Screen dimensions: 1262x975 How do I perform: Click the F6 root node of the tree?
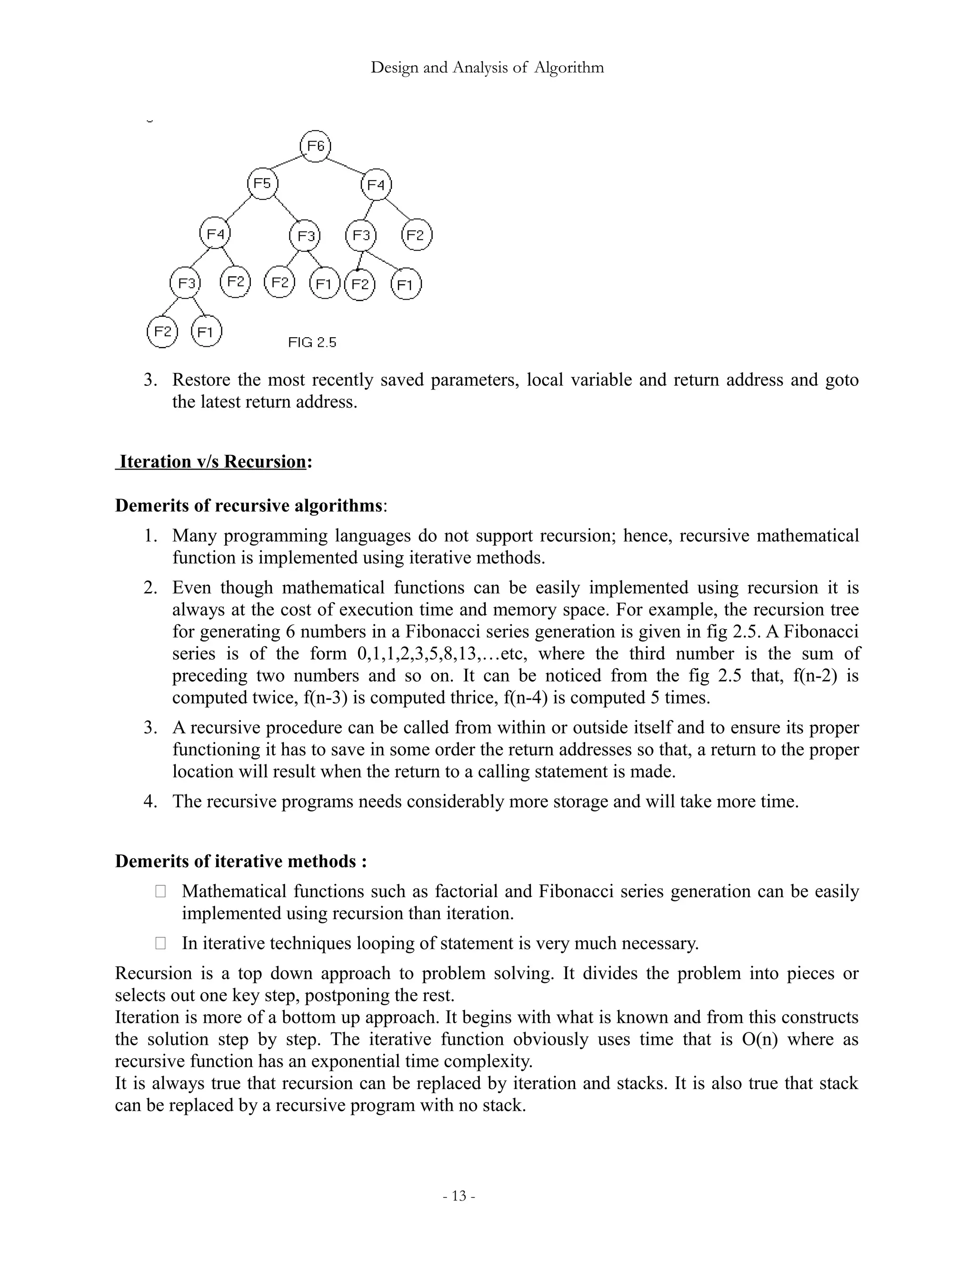pos(315,146)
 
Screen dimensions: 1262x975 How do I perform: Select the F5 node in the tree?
pos(262,184)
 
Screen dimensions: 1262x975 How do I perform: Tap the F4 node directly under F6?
pos(376,185)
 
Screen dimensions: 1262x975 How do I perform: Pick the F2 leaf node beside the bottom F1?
pos(162,331)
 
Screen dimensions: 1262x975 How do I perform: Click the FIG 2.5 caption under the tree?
pos(312,343)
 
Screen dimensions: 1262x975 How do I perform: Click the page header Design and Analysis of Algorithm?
pos(487,68)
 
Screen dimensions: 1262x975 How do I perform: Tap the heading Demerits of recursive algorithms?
pos(249,506)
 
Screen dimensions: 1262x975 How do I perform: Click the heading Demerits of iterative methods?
pos(241,861)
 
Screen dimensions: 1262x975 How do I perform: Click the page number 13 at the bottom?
pos(458,1196)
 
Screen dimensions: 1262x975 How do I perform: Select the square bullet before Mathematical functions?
pos(160,891)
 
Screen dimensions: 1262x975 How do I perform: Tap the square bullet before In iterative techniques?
pos(160,943)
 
